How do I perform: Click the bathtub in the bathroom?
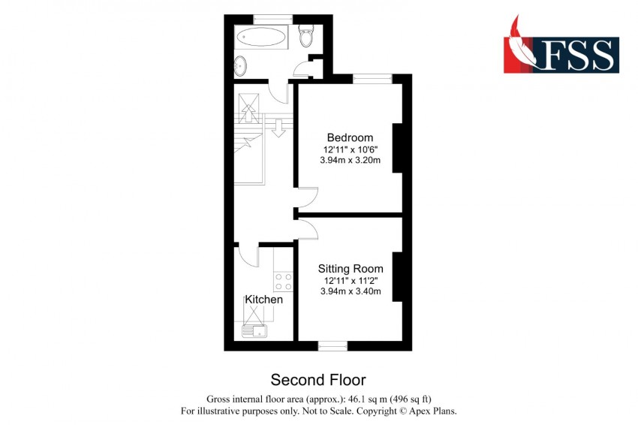(x=262, y=38)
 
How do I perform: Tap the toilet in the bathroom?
(x=305, y=35)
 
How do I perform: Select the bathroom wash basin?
(x=240, y=66)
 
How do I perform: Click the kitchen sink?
(x=254, y=331)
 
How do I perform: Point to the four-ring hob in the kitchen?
(x=283, y=282)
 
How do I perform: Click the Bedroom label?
(x=350, y=137)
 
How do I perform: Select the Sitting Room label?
(x=351, y=269)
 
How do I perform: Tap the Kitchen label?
(x=263, y=300)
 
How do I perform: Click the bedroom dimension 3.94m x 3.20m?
(x=351, y=160)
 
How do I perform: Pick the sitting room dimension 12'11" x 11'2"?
(x=351, y=281)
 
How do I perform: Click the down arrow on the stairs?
(x=278, y=127)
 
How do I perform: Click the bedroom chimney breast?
(x=398, y=148)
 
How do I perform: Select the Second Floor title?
(x=318, y=380)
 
